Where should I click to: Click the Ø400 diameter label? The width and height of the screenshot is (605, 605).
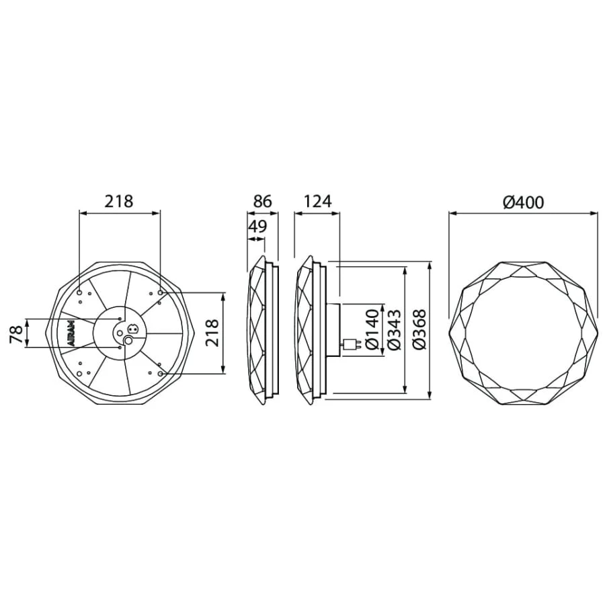(x=523, y=202)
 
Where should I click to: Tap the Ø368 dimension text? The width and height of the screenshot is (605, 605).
(x=419, y=329)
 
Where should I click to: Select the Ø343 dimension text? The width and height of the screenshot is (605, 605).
(x=394, y=329)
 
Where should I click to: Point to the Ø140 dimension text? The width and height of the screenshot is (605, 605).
(x=372, y=329)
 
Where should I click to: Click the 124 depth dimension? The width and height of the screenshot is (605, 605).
(x=317, y=202)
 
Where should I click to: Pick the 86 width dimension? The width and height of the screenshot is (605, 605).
(x=262, y=202)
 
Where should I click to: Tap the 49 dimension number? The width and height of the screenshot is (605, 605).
(x=257, y=226)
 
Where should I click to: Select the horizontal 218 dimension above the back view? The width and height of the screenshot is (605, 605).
(x=119, y=201)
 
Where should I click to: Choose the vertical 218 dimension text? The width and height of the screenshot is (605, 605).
(x=212, y=333)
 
